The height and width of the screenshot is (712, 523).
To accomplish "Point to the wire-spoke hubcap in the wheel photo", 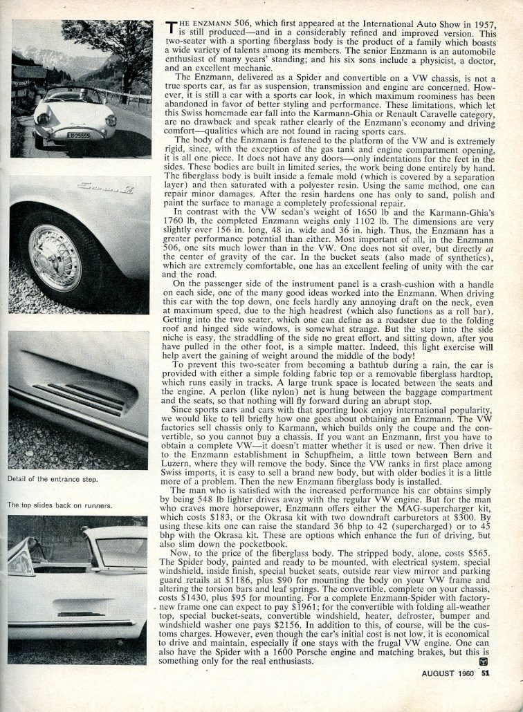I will click(x=55, y=258).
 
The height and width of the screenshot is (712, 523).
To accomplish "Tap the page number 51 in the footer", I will click(x=506, y=694).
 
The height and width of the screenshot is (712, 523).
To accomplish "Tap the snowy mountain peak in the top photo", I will click(x=28, y=54).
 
